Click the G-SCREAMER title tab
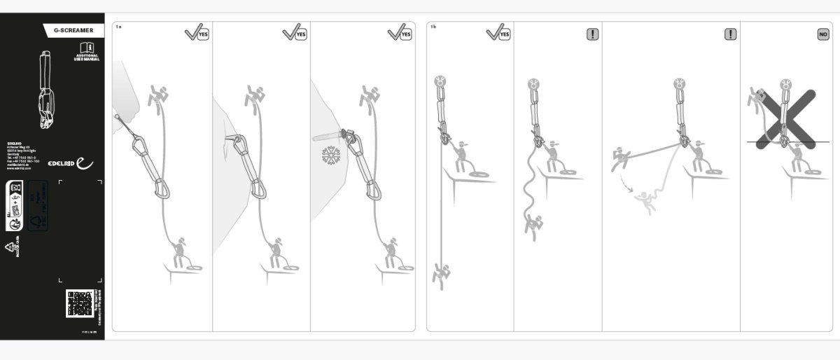click(x=73, y=30)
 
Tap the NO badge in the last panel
click(x=823, y=33)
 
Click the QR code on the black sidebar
click(x=80, y=303)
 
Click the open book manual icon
click(x=87, y=48)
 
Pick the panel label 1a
click(x=118, y=26)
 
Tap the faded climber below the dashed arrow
click(x=645, y=203)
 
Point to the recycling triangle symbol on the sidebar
click(x=10, y=247)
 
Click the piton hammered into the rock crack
click(x=232, y=138)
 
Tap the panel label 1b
click(x=433, y=26)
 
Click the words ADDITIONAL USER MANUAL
click(x=87, y=57)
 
